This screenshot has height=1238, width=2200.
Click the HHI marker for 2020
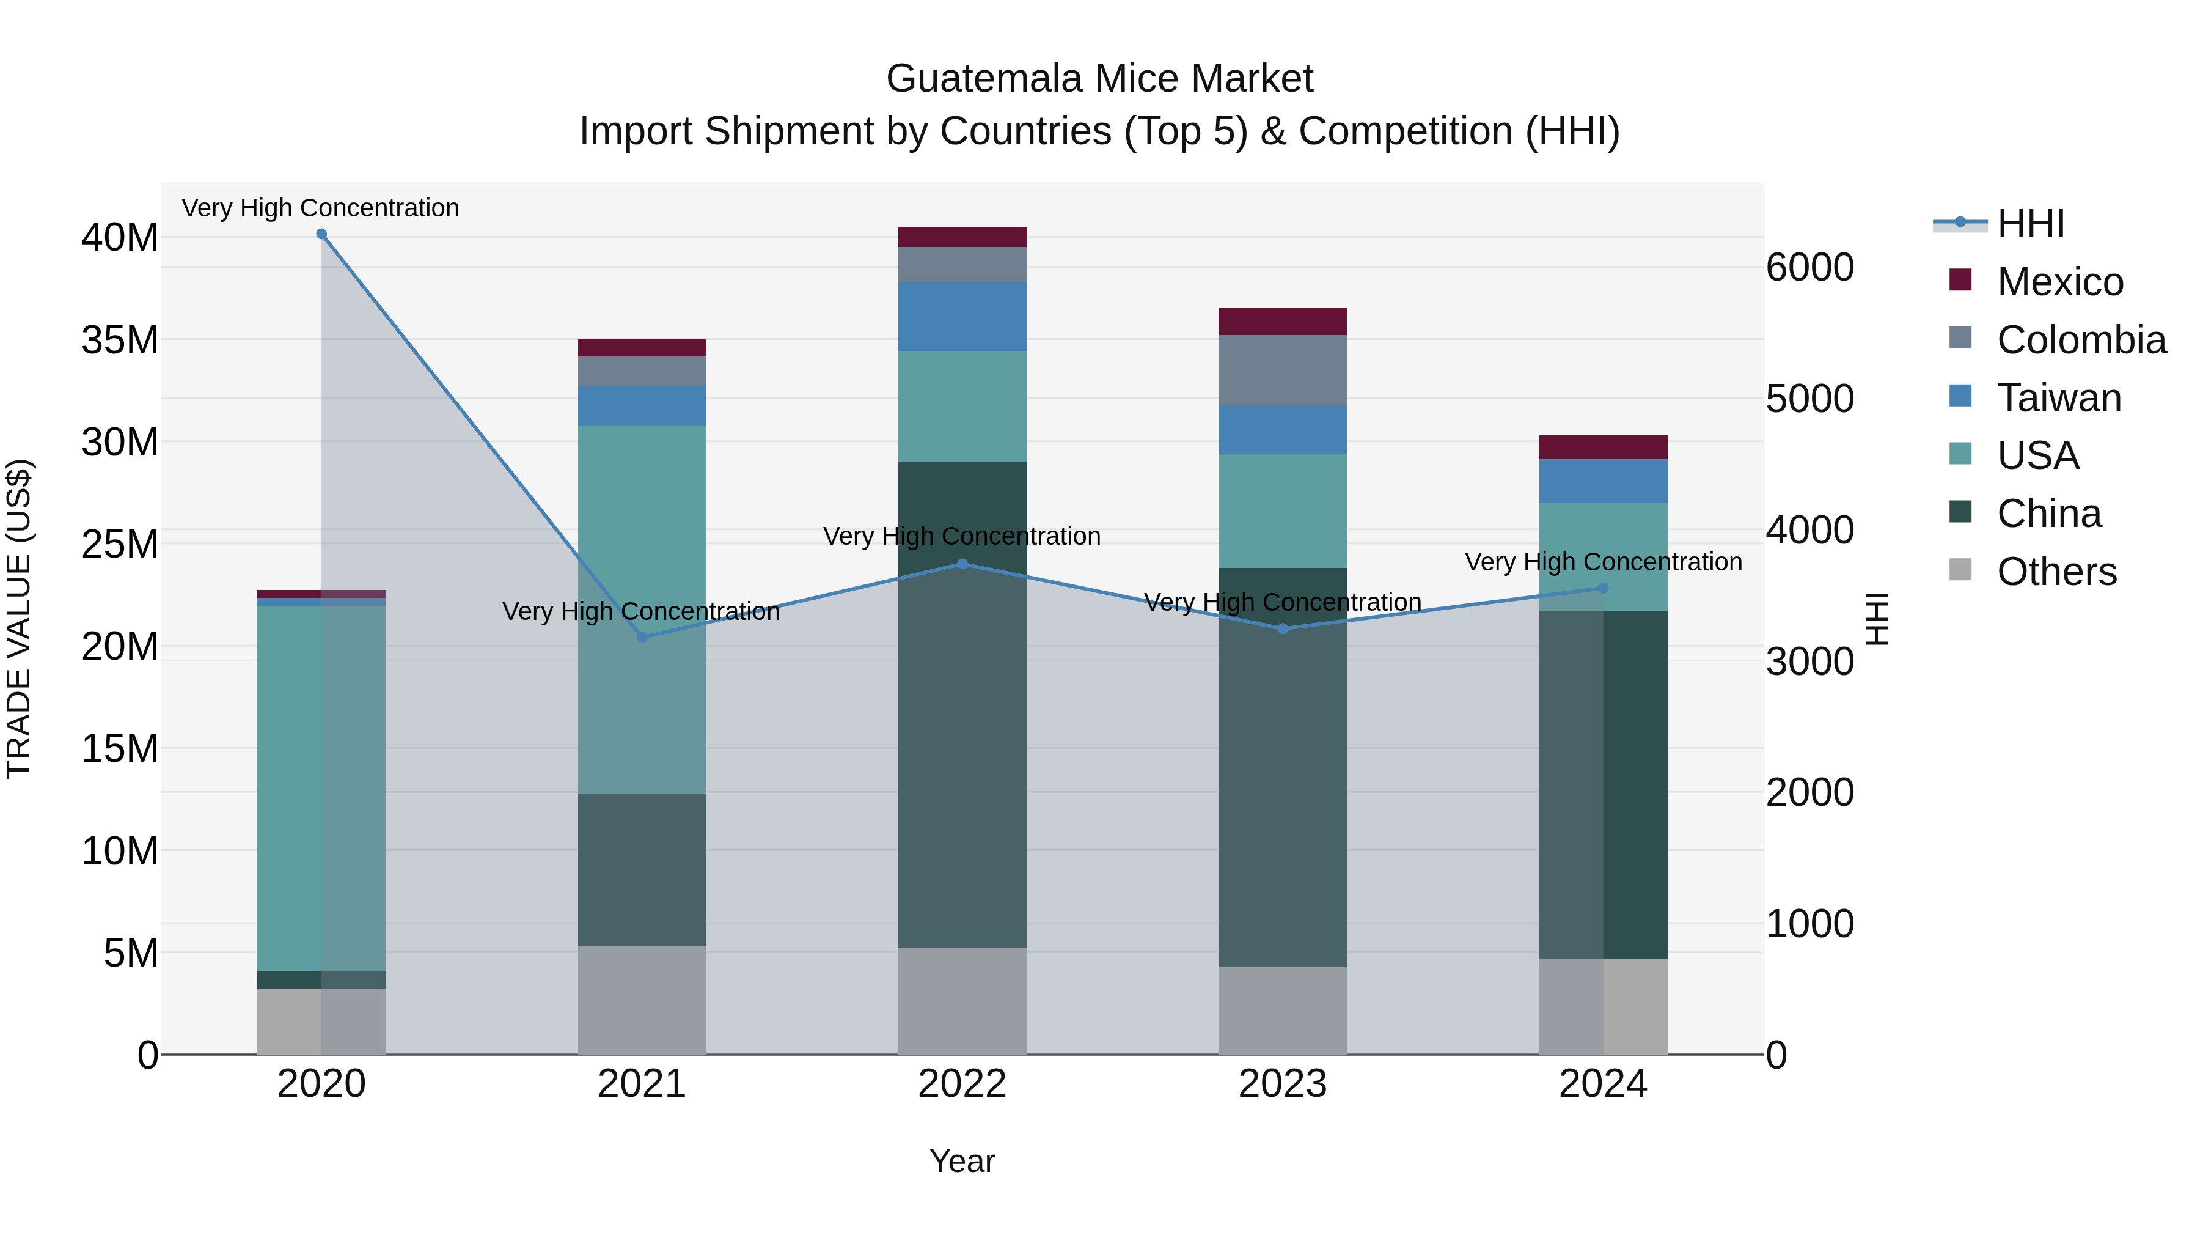pyautogui.click(x=321, y=234)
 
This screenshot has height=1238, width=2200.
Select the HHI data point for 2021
pyautogui.click(x=642, y=638)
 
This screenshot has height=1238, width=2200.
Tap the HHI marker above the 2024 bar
pyautogui.click(x=1603, y=588)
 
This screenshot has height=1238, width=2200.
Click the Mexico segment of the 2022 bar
pyautogui.click(x=962, y=237)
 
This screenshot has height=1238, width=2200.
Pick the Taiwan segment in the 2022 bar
pyautogui.click(x=962, y=316)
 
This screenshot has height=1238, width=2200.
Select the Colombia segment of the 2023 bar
pyautogui.click(x=1282, y=370)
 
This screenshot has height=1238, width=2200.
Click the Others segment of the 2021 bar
pyautogui.click(x=642, y=999)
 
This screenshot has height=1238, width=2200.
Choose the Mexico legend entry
pyautogui.click(x=2059, y=282)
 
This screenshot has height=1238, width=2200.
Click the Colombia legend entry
pyautogui.click(x=2080, y=340)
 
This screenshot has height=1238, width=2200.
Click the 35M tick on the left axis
pyautogui.click(x=120, y=340)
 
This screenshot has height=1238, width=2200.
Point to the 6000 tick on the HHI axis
pyautogui.click(x=1810, y=267)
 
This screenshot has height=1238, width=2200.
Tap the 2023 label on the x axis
pyautogui.click(x=1282, y=1084)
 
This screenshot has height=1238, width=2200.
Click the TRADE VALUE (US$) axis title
pyautogui.click(x=19, y=619)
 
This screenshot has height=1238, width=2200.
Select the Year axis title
pyautogui.click(x=962, y=1161)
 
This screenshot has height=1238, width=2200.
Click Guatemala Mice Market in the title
pyautogui.click(x=1099, y=79)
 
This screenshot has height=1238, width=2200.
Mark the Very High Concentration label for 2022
pyautogui.click(x=962, y=537)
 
